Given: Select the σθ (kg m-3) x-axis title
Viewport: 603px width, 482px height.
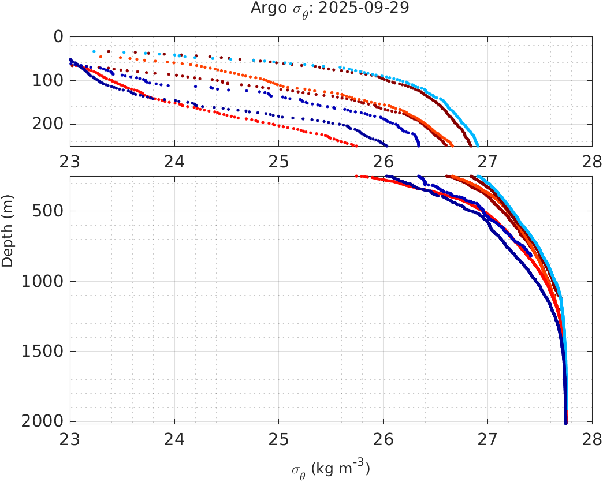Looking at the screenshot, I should click(x=330, y=469).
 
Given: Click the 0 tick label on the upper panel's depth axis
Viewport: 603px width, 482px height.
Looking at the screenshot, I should click(x=58, y=36).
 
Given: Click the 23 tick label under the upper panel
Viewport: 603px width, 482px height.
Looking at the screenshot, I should click(x=70, y=160).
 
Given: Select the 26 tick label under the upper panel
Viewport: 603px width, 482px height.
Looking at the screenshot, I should click(x=384, y=160).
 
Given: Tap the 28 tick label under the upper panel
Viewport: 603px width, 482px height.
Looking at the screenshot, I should click(x=592, y=160).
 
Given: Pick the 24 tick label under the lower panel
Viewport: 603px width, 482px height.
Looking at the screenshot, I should click(x=174, y=439).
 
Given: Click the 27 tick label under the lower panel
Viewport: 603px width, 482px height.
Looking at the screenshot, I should click(x=488, y=439).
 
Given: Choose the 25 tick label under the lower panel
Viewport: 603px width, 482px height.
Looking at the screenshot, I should click(x=279, y=439).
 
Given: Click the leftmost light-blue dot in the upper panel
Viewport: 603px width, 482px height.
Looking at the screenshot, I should click(x=94, y=51).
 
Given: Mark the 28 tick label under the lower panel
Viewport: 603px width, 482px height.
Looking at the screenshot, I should click(x=592, y=439).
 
